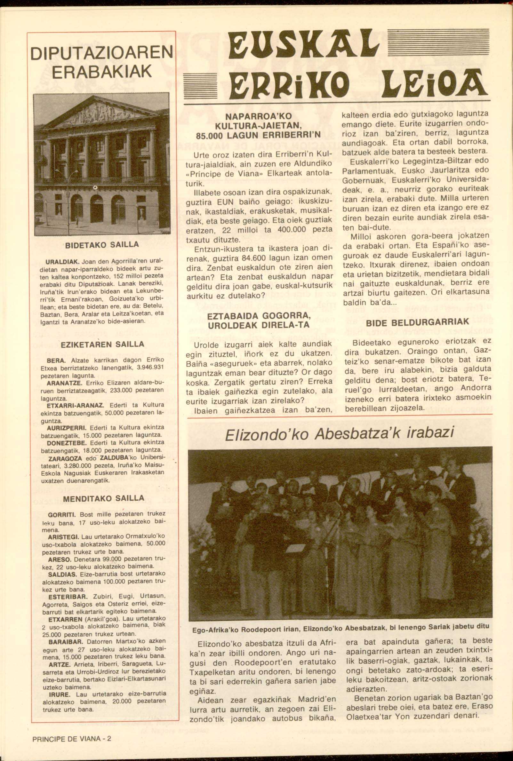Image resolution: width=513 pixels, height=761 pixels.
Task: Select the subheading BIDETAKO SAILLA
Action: coord(102,245)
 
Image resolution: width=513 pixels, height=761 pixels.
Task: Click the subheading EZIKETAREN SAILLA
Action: coord(102,345)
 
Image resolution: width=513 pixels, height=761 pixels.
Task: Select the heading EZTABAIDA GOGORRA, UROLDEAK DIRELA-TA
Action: coord(259,321)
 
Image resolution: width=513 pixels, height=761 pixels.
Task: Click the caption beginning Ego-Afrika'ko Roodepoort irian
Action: coord(341,626)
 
